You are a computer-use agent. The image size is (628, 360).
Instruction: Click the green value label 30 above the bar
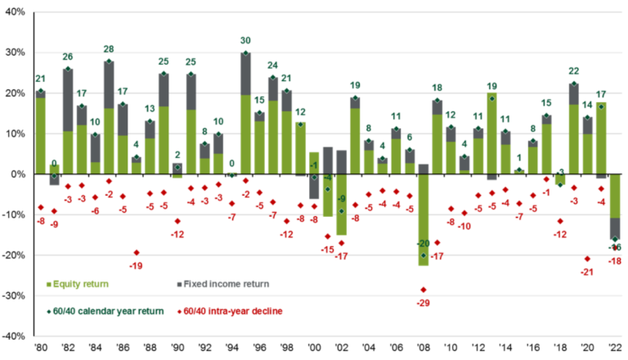(245, 40)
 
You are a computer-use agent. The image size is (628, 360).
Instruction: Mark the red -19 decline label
(137, 266)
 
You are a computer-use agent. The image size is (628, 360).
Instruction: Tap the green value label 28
(109, 49)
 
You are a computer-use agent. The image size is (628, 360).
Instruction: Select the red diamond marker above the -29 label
(424, 290)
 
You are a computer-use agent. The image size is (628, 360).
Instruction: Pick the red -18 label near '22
(614, 260)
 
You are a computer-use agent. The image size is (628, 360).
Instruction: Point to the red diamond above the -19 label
(137, 253)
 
